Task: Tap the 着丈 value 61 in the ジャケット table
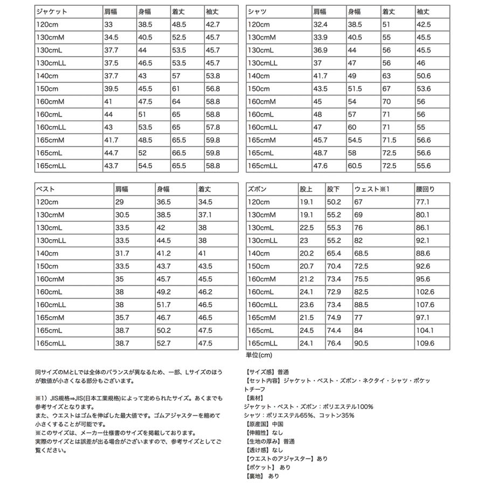click(x=177, y=89)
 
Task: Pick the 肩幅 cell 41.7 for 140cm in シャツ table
click(x=321, y=76)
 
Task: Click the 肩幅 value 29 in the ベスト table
click(x=119, y=202)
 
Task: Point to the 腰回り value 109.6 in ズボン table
click(x=425, y=343)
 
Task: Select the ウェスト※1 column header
click(x=371, y=189)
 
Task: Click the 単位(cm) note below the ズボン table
click(x=259, y=355)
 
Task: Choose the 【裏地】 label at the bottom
click(x=254, y=476)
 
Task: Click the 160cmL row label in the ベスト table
click(x=50, y=292)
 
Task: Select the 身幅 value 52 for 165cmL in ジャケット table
click(x=143, y=154)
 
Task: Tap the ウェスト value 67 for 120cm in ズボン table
click(x=358, y=202)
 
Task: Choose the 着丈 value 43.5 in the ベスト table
click(x=205, y=266)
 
